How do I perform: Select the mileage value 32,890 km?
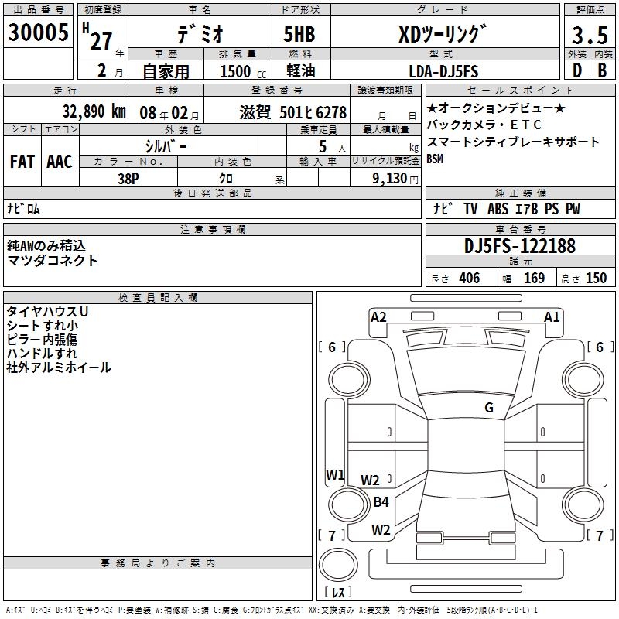click(95, 111)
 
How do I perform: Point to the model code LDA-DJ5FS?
click(443, 71)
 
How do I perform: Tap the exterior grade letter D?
click(576, 71)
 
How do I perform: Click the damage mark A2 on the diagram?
click(378, 316)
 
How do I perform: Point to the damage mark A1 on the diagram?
click(552, 316)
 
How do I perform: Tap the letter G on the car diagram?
click(489, 408)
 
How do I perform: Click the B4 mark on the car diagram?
click(381, 502)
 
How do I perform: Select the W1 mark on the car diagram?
click(334, 474)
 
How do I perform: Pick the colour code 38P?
click(128, 177)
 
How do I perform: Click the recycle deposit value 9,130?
click(395, 177)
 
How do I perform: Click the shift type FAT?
click(22, 161)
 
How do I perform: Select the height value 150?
click(596, 279)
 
